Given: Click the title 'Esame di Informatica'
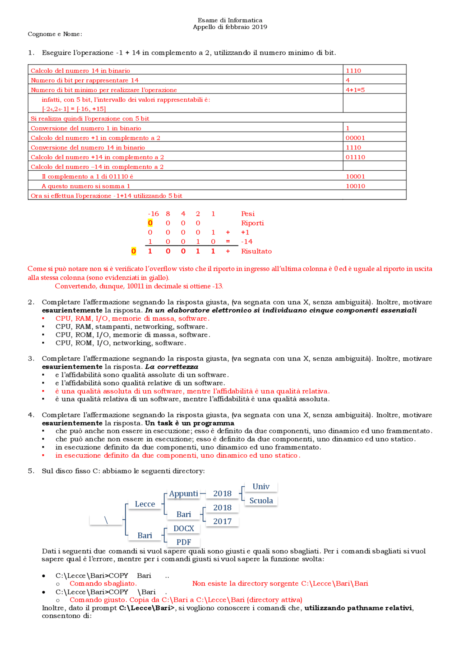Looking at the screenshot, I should (x=230, y=20).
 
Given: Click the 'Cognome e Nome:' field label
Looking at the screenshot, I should (x=55, y=34).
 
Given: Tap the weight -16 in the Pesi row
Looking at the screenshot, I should (x=153, y=214).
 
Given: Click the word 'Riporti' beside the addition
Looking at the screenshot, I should (x=252, y=223).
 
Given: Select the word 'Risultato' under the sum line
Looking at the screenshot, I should (x=256, y=251).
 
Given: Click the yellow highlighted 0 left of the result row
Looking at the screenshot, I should (x=134, y=251).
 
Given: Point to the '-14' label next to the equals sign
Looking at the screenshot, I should (x=247, y=242).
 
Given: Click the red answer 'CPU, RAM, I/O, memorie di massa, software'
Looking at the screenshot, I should (x=132, y=318).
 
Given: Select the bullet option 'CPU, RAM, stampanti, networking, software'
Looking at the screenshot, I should (x=131, y=327).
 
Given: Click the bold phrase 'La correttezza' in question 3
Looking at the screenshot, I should (x=172, y=367).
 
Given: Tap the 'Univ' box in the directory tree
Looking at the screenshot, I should (x=261, y=487).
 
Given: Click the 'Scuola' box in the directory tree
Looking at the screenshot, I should (x=261, y=501).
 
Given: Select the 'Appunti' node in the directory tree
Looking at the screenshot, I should (x=184, y=494).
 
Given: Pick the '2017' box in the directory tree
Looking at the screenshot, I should (x=222, y=522).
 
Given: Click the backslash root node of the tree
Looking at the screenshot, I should (x=106, y=520).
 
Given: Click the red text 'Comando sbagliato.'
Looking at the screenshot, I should (x=103, y=583).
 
